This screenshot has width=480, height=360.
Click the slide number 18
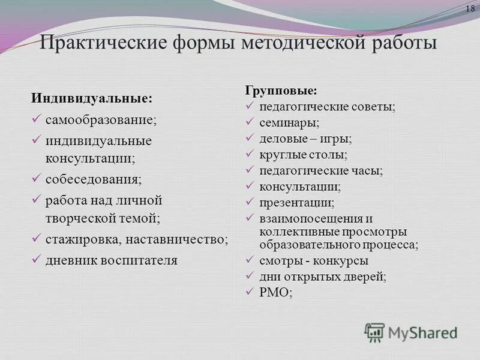(470, 8)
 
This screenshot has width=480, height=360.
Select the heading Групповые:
(280, 91)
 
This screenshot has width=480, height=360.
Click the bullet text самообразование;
(101, 119)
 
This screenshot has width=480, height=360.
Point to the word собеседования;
(94, 179)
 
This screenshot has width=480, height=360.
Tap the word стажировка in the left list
(83, 239)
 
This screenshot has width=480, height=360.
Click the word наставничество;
(177, 239)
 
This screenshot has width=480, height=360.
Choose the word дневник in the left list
(68, 260)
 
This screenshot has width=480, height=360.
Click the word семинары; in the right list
(289, 122)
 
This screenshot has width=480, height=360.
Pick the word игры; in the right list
(338, 139)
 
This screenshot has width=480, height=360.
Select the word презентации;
(297, 203)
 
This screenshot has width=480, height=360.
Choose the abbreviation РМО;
(275, 292)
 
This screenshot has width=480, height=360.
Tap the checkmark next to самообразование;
(36, 118)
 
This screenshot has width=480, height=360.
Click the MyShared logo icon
(375, 332)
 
